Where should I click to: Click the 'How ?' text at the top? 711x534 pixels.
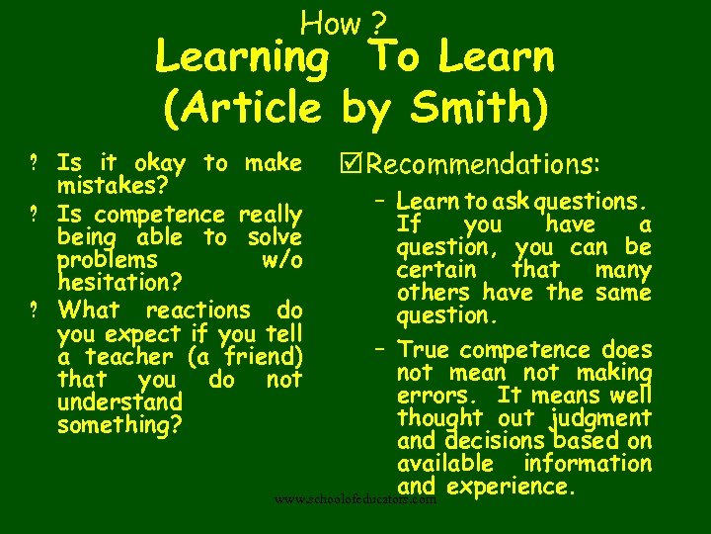click(x=344, y=21)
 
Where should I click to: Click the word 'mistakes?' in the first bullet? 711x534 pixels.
click(x=112, y=186)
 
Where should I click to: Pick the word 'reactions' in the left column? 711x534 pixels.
click(x=197, y=310)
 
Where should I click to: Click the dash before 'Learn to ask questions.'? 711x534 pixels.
click(x=380, y=201)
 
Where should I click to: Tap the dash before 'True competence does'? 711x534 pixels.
click(x=380, y=348)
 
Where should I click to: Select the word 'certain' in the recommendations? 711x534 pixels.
click(x=436, y=270)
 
